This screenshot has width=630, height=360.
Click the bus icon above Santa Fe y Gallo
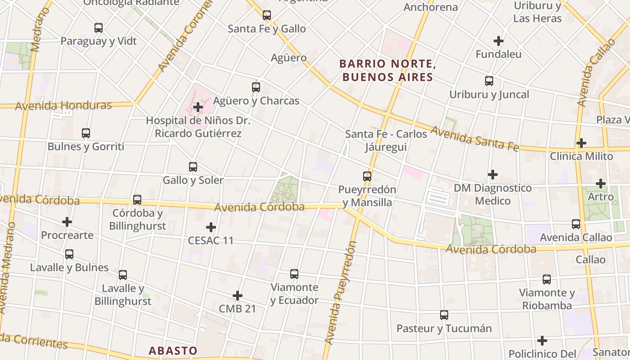pyautogui.click(x=267, y=15)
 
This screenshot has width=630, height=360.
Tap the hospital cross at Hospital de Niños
pyautogui.click(x=198, y=107)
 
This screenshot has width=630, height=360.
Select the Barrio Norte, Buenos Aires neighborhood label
pyautogui.click(x=387, y=71)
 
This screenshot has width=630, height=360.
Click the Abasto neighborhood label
pyautogui.click(x=173, y=351)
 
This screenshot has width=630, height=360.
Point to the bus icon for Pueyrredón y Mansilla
pyautogui.click(x=367, y=176)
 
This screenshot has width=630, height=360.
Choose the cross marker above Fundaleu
pyautogui.click(x=499, y=41)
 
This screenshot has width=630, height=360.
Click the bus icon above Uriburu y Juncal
pyautogui.click(x=489, y=81)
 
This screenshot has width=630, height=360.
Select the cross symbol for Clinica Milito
pyautogui.click(x=581, y=143)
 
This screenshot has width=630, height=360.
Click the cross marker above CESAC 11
pyautogui.click(x=211, y=227)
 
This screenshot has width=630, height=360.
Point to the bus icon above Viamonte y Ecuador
pyautogui.click(x=294, y=274)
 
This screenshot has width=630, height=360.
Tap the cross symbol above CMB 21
pyautogui.click(x=238, y=296)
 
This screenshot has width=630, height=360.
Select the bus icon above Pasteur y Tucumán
pyautogui.click(x=444, y=315)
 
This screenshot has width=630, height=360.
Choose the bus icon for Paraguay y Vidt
pyautogui.click(x=99, y=28)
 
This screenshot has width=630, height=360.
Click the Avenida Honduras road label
pyautogui.click(x=63, y=106)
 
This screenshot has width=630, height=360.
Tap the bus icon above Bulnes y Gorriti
pyautogui.click(x=86, y=133)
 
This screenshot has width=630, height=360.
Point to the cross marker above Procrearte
pyautogui.click(x=67, y=222)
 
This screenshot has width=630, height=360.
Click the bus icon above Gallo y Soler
pyautogui.click(x=193, y=167)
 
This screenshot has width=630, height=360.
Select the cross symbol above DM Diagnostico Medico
pyautogui.click(x=493, y=175)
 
